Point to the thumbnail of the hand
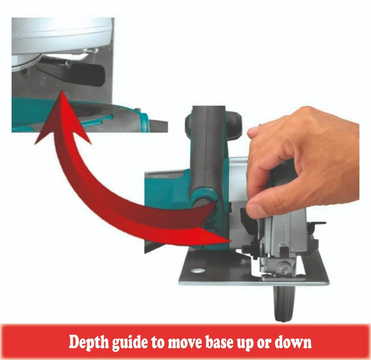tap(258, 211)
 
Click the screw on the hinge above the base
tap(284, 271)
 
